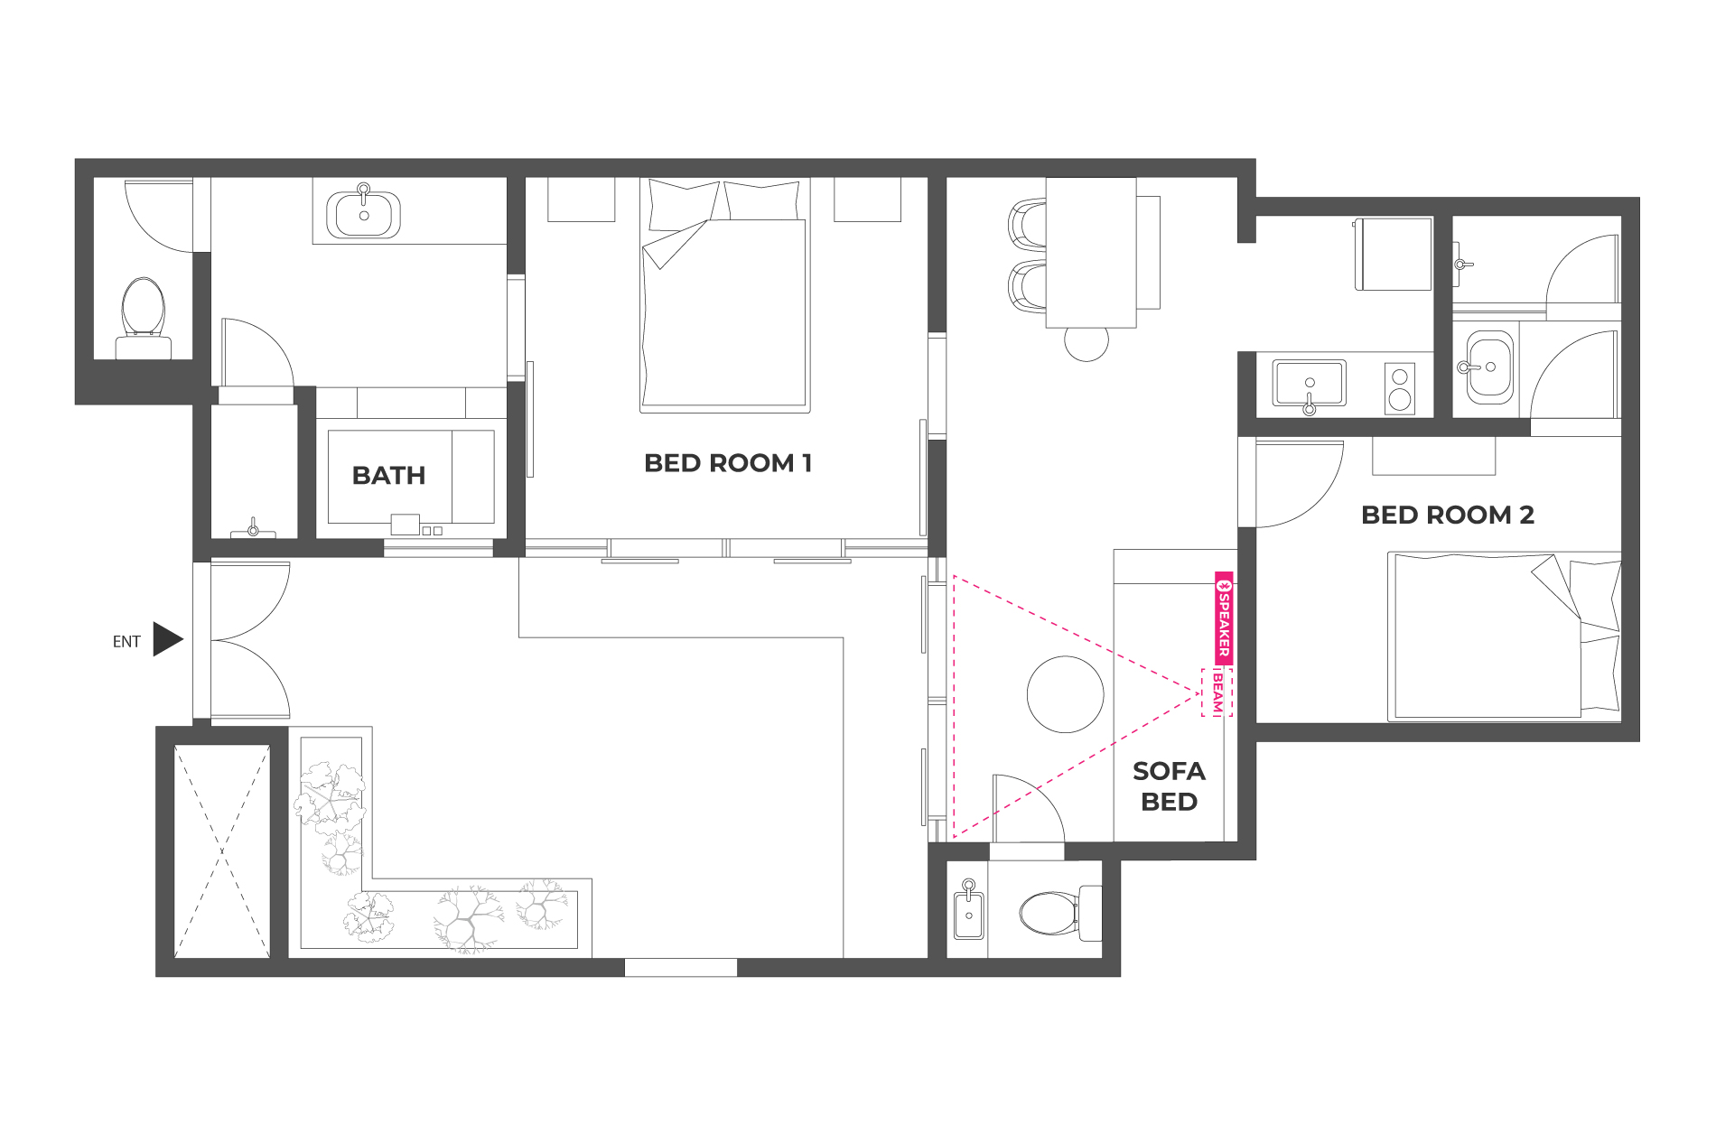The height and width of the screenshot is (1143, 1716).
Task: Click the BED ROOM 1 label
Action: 728,463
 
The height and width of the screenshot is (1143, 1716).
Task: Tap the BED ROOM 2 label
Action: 1447,515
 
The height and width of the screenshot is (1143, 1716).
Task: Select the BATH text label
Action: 388,475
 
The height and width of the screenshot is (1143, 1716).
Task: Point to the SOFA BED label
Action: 1169,786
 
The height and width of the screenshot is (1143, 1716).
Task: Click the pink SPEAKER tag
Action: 1224,618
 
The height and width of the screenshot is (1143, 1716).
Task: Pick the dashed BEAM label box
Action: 1217,693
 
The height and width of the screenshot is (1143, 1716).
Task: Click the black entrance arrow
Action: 168,639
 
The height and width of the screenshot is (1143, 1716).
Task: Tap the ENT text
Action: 126,642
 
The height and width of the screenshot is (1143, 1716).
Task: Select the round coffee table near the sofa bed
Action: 1065,693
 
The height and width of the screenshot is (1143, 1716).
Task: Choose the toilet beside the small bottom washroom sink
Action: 1060,913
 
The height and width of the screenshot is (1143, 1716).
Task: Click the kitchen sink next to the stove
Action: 1309,384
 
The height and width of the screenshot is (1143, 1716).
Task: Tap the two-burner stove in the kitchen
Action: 1400,388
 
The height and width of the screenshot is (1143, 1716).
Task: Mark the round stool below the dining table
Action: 1086,343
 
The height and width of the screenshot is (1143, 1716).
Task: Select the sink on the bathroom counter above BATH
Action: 363,214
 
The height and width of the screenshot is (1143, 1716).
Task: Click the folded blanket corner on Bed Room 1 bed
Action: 674,245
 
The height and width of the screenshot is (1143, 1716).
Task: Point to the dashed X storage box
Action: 222,850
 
